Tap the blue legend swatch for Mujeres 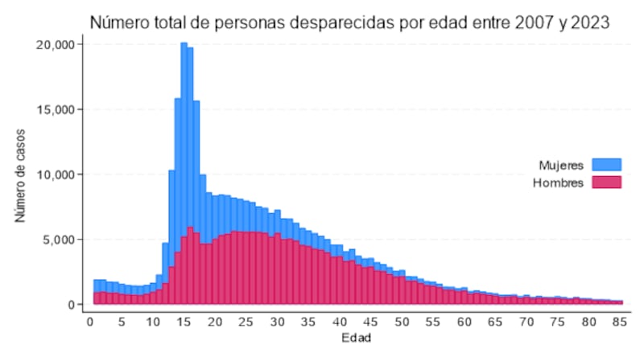pos(606,165)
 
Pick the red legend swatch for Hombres pos(606,183)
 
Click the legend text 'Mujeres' pos(561,166)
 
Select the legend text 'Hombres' pos(558,183)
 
